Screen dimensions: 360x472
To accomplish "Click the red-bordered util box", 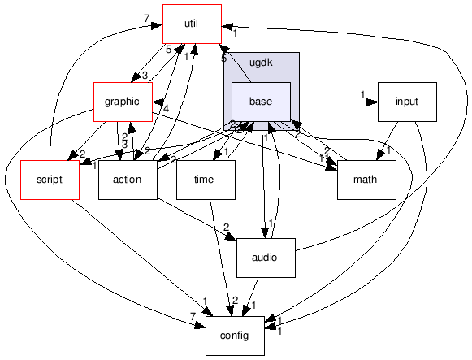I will point(192,24).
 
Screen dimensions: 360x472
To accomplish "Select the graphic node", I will point(122,102).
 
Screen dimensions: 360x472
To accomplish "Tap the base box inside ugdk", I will point(262,102).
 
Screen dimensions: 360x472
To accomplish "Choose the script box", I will point(50,180).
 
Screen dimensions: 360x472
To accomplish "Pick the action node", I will point(127,180).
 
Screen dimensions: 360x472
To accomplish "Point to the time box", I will point(206,180).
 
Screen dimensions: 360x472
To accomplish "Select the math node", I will point(366,180).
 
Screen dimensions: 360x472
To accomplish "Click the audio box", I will point(265,258).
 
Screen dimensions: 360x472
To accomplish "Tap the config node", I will point(236,336).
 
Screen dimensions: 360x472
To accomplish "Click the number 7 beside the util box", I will point(145,18).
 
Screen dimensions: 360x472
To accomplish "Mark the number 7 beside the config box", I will point(193,316).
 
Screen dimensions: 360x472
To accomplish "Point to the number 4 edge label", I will point(166,109).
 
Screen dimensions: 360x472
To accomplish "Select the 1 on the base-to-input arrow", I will point(362,95).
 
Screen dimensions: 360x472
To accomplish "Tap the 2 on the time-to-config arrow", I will point(235,301).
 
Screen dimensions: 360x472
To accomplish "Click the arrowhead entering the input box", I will point(373,102).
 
